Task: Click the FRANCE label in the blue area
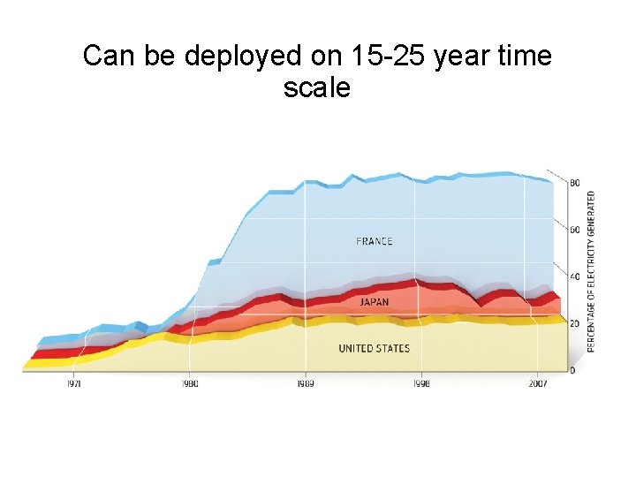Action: click(x=375, y=241)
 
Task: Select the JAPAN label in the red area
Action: click(x=374, y=302)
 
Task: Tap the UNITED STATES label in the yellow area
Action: click(x=374, y=348)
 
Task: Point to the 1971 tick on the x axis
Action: click(x=74, y=384)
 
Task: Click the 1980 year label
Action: click(x=190, y=384)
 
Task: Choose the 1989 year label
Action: click(x=306, y=384)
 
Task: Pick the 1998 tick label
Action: click(x=421, y=384)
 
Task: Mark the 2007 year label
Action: click(x=537, y=384)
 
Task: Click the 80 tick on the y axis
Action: click(x=575, y=183)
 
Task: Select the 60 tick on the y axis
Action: click(x=575, y=230)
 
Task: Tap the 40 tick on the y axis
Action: click(x=575, y=276)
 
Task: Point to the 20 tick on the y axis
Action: click(x=575, y=323)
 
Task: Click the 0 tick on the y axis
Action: click(x=572, y=370)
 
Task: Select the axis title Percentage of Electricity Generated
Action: click(x=591, y=272)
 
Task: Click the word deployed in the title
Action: click(x=244, y=57)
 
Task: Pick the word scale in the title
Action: click(x=317, y=88)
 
